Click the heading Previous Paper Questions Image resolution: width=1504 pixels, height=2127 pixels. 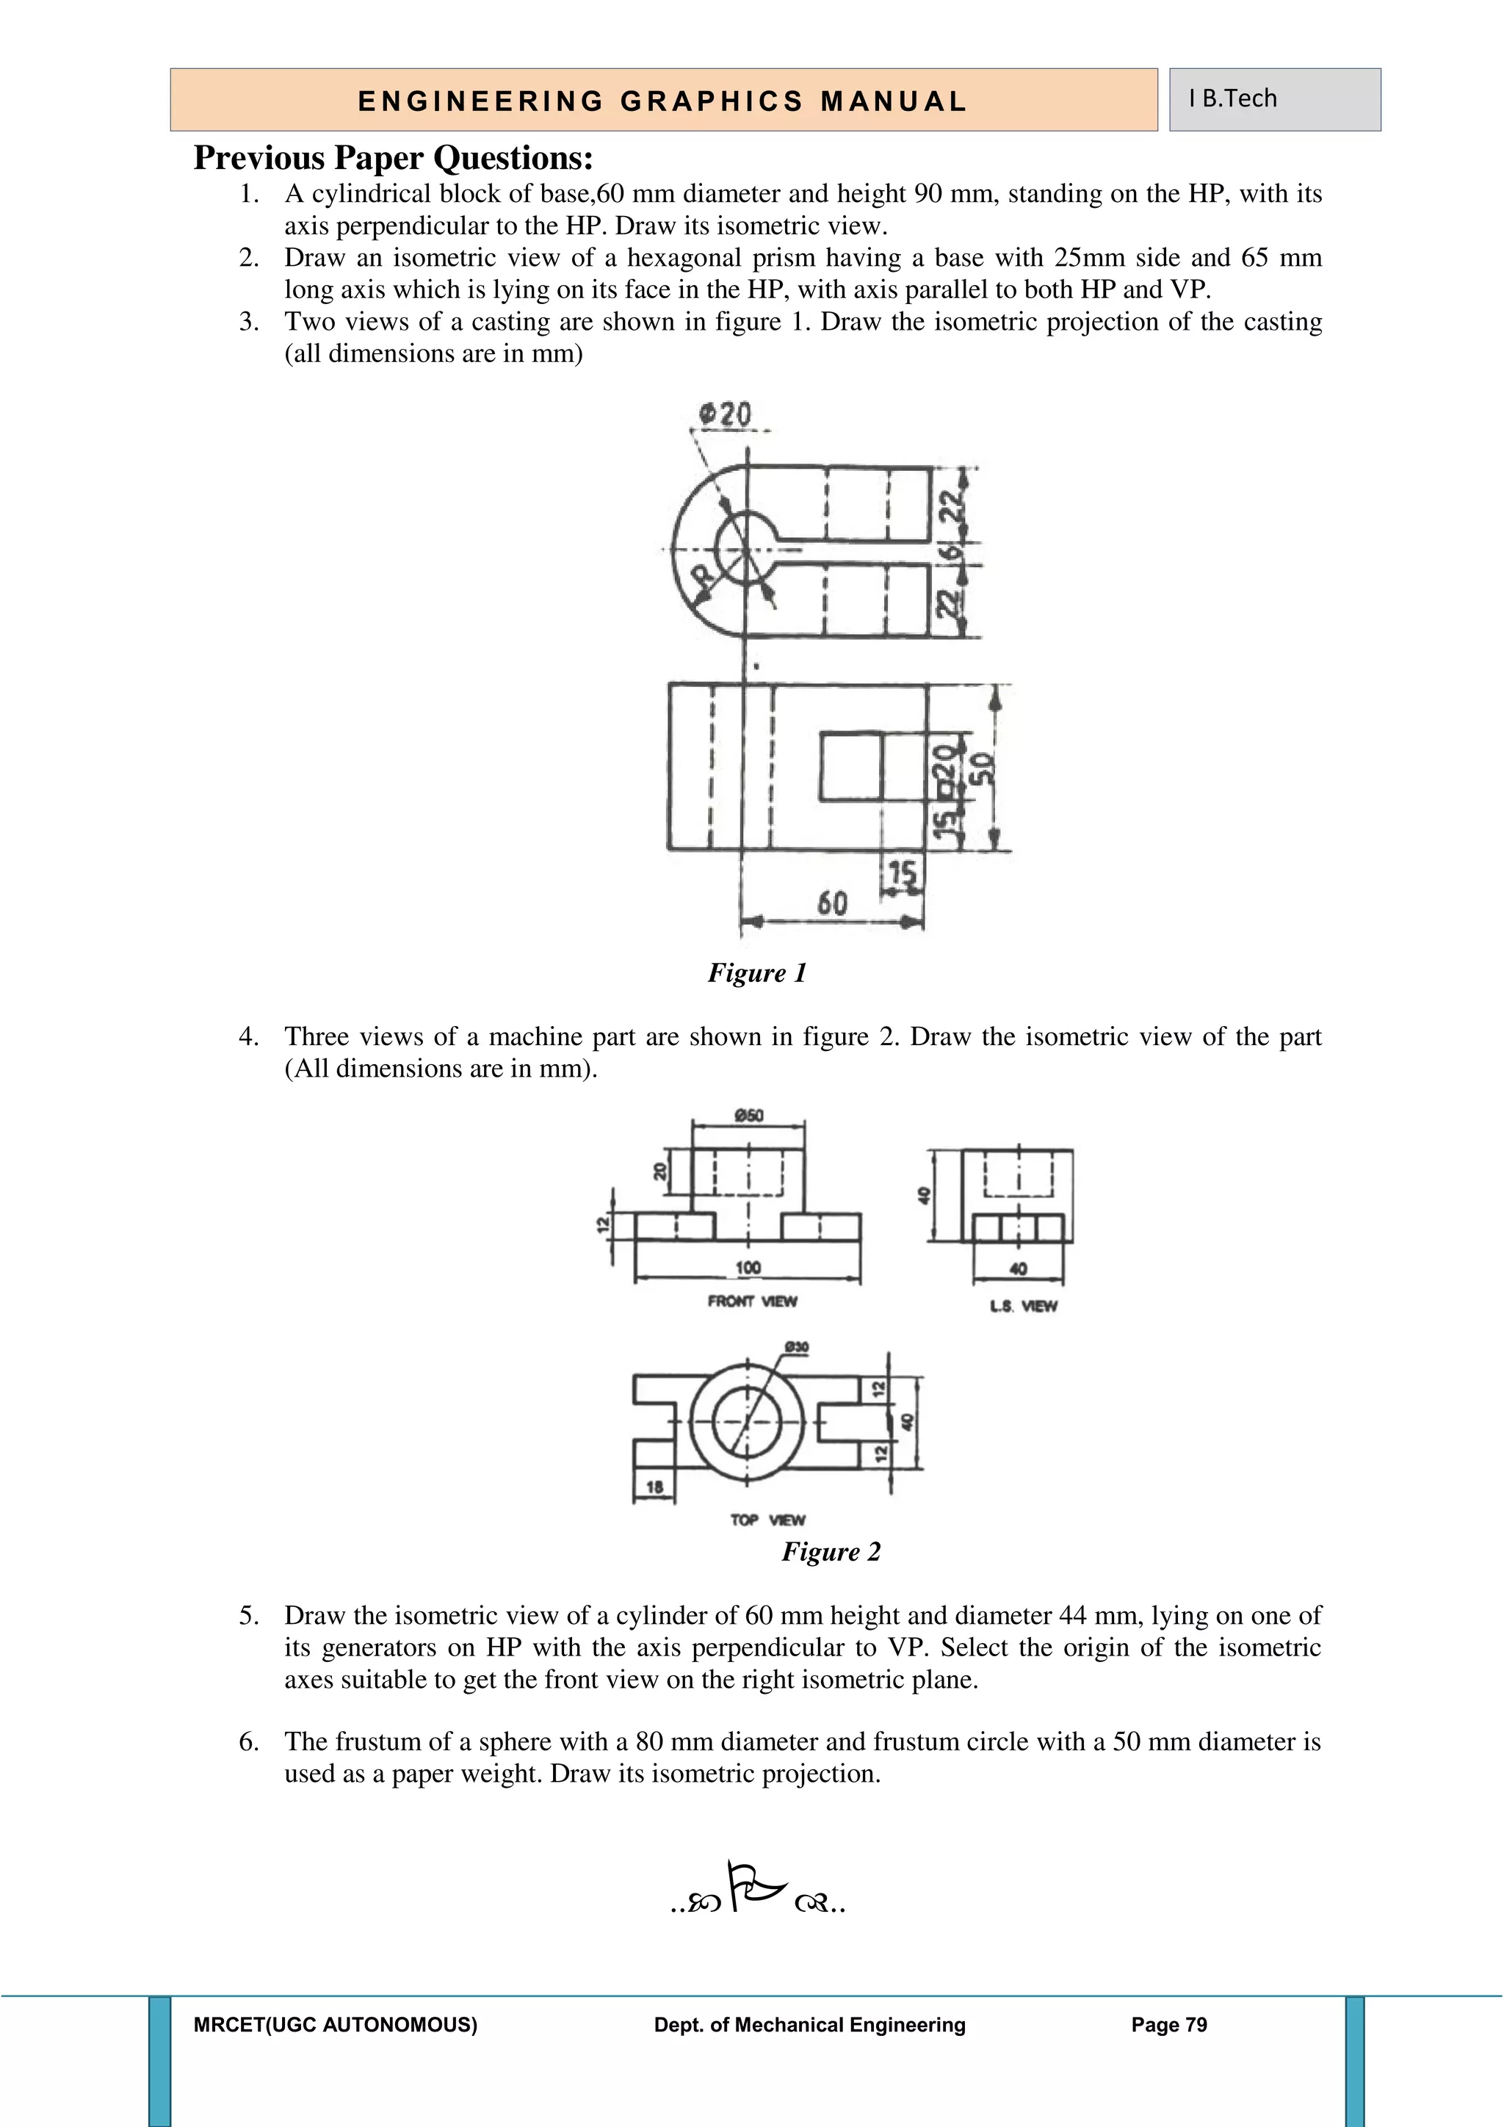(393, 159)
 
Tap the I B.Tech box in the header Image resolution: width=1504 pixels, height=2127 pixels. (1274, 99)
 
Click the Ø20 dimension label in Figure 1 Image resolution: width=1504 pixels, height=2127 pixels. (725, 414)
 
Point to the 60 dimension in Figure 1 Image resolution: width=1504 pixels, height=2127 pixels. (831, 903)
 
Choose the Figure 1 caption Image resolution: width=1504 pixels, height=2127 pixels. (756, 972)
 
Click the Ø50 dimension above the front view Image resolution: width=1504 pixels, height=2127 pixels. (748, 1116)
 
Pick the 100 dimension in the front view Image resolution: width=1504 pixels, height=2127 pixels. (748, 1266)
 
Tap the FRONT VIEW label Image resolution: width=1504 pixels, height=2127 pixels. (752, 1301)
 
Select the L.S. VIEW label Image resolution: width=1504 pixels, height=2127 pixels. (1022, 1306)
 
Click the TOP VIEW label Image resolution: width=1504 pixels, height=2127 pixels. (767, 1520)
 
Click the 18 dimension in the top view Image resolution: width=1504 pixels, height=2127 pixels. (654, 1487)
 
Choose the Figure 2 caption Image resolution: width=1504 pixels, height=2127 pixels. (831, 1552)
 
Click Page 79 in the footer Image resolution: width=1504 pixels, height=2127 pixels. (1168, 2025)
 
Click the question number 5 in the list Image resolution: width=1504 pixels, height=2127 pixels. (248, 1616)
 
